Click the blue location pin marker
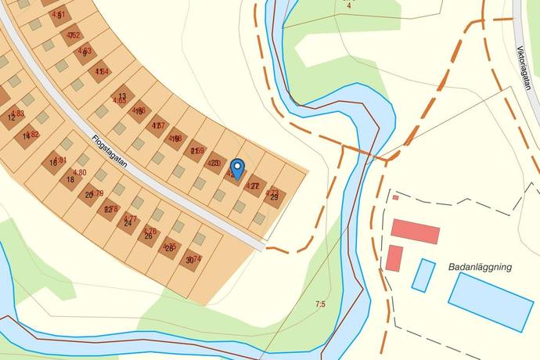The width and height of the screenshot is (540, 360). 238,168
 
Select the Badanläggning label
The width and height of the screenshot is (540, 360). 480,267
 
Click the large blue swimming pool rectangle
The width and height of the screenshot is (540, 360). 491,301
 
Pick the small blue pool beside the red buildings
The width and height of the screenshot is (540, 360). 423,275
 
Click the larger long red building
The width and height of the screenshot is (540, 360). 416,232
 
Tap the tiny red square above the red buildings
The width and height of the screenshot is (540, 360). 395,197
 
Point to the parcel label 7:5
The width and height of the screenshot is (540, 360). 319,304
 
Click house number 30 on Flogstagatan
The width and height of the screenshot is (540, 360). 189,260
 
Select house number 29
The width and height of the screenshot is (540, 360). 274,197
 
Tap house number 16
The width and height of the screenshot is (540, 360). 53,163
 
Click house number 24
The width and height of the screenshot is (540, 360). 128,222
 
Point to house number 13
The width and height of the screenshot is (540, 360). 122,96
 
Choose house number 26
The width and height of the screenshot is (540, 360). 148,236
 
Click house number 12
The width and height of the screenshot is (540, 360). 11,117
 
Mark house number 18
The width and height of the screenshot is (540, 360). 70,179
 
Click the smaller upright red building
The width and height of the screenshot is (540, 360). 394,257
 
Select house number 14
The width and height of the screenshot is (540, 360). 27,136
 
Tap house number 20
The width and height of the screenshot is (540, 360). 89,194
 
